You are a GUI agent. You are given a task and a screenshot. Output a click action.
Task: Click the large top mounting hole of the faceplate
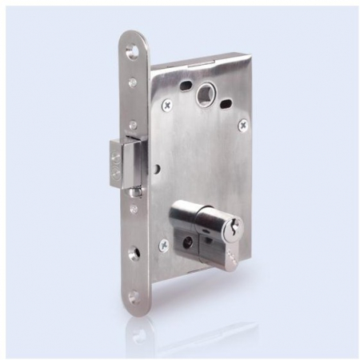pos(131,52)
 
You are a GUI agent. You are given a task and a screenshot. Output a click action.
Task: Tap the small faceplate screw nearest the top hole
pos(133,80)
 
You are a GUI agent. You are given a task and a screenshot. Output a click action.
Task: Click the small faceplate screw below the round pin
pos(134,210)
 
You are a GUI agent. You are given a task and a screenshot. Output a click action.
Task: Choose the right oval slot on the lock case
pos(227,102)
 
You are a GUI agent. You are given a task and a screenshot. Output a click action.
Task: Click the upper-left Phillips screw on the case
pos(166,104)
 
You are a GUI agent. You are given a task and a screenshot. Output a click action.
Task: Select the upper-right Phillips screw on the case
pos(242,125)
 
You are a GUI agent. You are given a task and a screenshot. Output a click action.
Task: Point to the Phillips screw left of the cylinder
pos(164,245)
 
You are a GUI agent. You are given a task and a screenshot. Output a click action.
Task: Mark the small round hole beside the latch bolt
pos(158,170)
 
